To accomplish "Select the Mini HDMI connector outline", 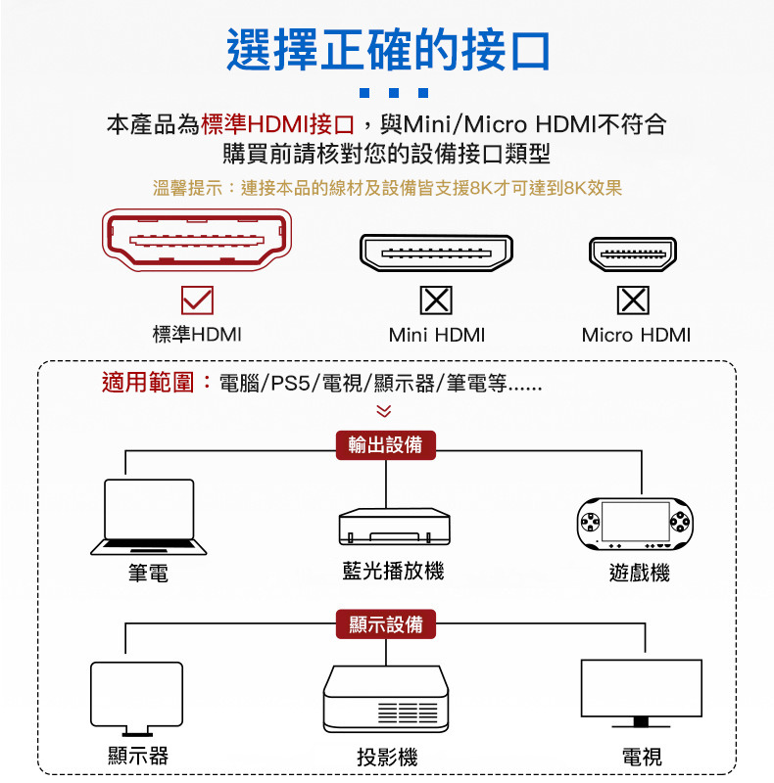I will [x=436, y=253].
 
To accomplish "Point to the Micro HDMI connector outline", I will [x=633, y=253].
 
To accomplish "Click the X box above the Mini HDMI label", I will [x=436, y=299].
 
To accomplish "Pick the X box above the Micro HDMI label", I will [x=633, y=299].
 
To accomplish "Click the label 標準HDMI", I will [x=197, y=335].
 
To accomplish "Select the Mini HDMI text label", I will [x=437, y=335].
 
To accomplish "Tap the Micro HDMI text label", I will [x=636, y=335].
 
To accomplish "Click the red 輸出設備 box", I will [x=386, y=445].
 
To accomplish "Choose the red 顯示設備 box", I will [x=386, y=623].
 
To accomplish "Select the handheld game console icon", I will [x=633, y=525].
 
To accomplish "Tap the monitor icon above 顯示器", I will [x=136, y=698].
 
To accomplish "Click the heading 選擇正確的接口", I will [x=388, y=50].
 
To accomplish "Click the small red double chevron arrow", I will [x=384, y=413].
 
